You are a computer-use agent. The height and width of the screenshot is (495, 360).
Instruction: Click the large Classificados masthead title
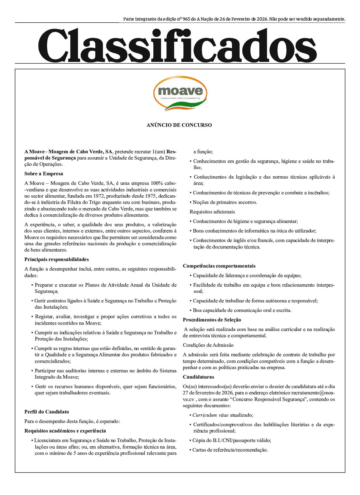point(177,45)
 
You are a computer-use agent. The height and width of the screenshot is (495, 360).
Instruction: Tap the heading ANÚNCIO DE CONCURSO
point(179,125)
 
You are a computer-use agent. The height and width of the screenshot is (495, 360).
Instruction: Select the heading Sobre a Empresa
point(43,174)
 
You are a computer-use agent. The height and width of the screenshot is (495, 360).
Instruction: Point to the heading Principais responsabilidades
point(57,260)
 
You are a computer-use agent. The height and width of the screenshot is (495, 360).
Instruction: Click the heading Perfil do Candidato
point(46,412)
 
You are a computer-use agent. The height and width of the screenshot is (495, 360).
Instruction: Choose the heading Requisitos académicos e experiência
point(65,431)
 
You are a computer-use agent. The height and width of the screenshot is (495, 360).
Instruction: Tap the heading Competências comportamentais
point(219,266)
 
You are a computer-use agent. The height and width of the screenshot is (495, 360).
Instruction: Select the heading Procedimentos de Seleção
point(212,320)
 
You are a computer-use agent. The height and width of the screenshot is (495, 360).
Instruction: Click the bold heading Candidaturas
point(198,377)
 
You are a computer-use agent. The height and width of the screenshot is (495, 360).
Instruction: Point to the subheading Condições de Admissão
point(208,345)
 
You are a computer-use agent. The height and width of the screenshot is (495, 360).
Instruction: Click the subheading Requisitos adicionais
point(212,212)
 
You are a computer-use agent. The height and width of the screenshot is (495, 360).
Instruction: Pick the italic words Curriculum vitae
point(210,415)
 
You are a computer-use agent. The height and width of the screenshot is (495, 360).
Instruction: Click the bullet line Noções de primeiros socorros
point(225,202)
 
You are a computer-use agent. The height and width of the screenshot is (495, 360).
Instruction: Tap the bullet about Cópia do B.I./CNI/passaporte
point(231,441)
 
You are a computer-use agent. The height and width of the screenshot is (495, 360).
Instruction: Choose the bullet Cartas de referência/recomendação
point(230,450)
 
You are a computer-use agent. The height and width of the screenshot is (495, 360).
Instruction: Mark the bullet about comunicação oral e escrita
point(242,310)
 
